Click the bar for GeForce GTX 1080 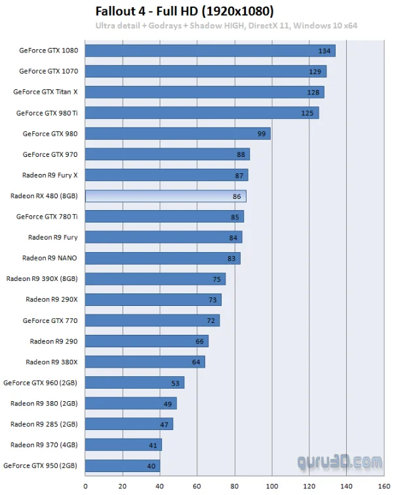(x=210, y=51)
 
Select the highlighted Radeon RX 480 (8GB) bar (x=165, y=196)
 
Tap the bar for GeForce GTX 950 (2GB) (x=123, y=465)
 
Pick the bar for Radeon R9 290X (x=153, y=299)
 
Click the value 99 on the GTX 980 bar (x=262, y=134)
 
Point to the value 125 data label (x=307, y=113)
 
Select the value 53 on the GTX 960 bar (x=175, y=383)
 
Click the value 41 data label (x=153, y=446)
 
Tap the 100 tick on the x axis (x=272, y=486)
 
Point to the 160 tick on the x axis (x=384, y=486)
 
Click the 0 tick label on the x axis (x=85, y=486)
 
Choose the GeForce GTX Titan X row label (x=45, y=92)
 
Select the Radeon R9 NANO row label (x=50, y=258)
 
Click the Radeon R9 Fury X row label (x=50, y=175)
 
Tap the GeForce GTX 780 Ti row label (x=47, y=217)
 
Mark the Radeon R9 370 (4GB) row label (x=44, y=445)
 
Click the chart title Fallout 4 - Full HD (x=184, y=11)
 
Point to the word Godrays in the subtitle (x=165, y=26)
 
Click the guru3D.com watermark (x=339, y=463)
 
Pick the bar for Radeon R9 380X (x=145, y=362)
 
